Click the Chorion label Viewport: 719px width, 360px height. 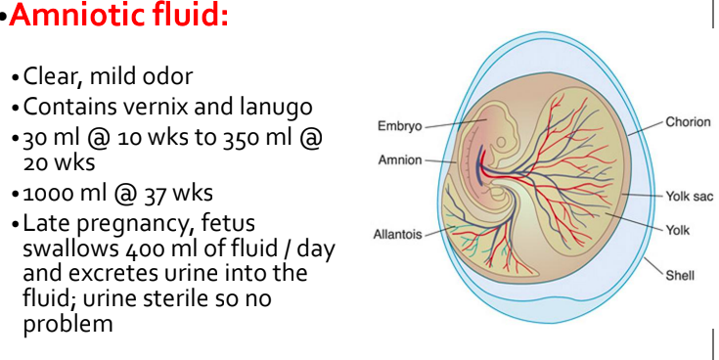pyautogui.click(x=688, y=122)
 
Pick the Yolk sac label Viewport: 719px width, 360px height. pyautogui.click(x=690, y=197)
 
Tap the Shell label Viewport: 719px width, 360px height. pyautogui.click(x=680, y=275)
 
